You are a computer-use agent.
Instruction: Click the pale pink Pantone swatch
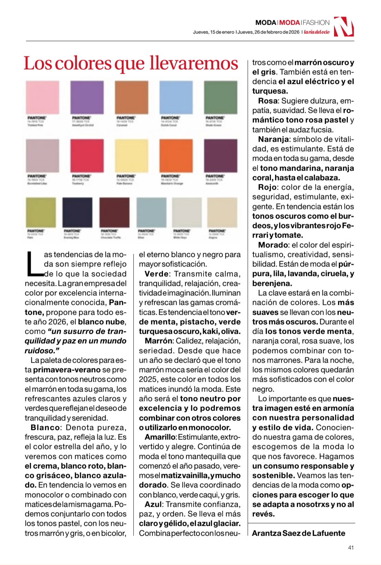point(42,97)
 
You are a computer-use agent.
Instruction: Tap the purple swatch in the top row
point(87,97)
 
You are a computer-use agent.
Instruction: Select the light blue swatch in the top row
point(176,97)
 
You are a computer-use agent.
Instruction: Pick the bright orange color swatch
point(176,155)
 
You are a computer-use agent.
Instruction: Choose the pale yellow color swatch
point(131,155)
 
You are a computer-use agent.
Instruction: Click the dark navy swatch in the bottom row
point(77,212)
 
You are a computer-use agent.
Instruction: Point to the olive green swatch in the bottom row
point(41,212)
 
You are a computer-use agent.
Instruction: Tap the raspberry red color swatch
point(87,155)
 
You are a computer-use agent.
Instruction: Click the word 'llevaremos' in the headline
point(194,63)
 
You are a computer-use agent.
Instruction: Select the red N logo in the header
point(344,27)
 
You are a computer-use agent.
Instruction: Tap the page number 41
point(351,547)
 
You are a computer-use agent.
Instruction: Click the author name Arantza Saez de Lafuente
point(298,533)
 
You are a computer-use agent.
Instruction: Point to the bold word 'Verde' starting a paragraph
point(157,274)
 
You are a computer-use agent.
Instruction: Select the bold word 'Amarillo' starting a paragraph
point(160,437)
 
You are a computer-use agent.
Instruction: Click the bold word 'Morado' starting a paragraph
point(273,245)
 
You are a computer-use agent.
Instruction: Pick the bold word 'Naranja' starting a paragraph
point(273,139)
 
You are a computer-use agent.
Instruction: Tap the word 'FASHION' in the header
point(316,23)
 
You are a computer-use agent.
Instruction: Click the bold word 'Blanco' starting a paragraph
point(45,428)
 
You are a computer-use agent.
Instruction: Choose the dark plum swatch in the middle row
point(220,155)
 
